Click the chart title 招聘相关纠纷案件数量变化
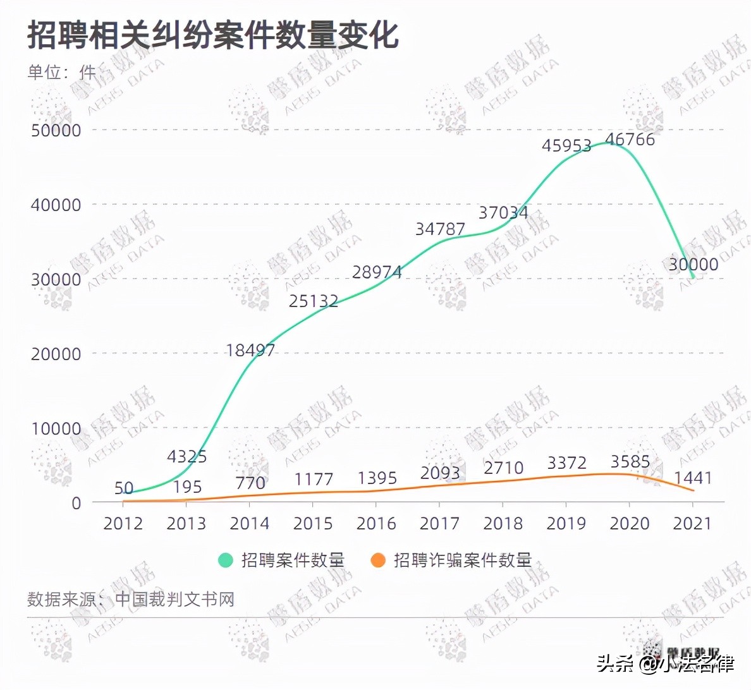[x=213, y=35]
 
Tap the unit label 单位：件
[x=61, y=73]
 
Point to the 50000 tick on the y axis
[x=56, y=131]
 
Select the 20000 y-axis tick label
[x=56, y=354]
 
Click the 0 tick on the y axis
[x=76, y=504]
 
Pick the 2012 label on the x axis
[x=123, y=524]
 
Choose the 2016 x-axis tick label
[x=376, y=524]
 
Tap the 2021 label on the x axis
[x=692, y=524]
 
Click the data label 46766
[x=630, y=140]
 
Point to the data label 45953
[x=566, y=146]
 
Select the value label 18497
[x=250, y=350]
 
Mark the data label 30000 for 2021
[x=693, y=264]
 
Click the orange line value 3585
[x=630, y=462]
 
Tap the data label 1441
[x=693, y=478]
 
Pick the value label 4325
[x=187, y=456]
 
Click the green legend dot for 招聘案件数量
[x=226, y=560]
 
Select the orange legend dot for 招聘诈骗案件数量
[x=378, y=560]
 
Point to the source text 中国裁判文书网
[x=174, y=599]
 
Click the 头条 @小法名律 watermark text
[x=665, y=663]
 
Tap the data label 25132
[x=314, y=301]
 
